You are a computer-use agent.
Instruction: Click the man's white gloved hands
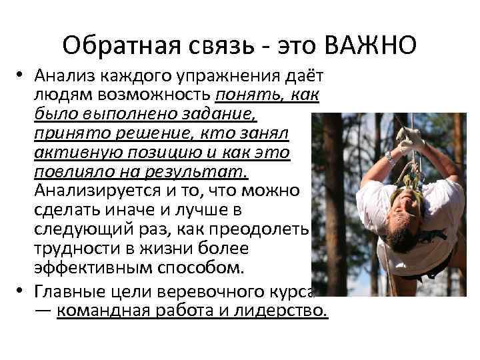click(x=409, y=138)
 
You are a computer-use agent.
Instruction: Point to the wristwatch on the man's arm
click(x=390, y=157)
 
